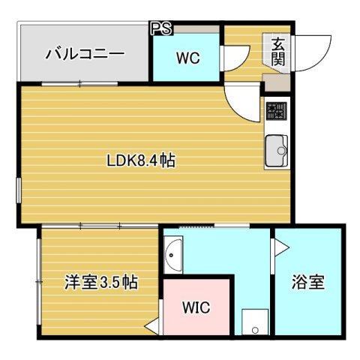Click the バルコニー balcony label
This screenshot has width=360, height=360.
[x=82, y=54]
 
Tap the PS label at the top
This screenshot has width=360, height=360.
[x=160, y=29]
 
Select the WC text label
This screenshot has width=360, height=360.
[x=187, y=58]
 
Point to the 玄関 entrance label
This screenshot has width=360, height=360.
[x=277, y=51]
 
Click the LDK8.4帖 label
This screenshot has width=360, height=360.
[x=140, y=160]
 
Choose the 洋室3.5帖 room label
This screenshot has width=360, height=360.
[x=100, y=283]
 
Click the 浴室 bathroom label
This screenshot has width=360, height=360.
[x=307, y=283]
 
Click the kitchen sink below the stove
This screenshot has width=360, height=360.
[x=276, y=151]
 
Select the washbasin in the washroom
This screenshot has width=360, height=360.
[x=173, y=255]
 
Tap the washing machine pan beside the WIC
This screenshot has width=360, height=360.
[x=255, y=322]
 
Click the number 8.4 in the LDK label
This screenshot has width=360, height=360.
[x=149, y=160]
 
